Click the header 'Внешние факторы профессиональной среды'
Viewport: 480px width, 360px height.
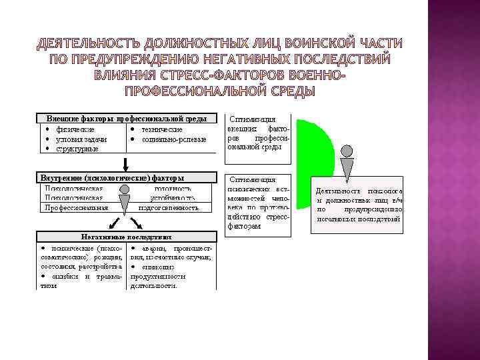tap(127, 118)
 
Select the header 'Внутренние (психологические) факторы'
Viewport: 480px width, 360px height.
tap(113, 178)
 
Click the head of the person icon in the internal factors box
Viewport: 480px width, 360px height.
tap(125, 190)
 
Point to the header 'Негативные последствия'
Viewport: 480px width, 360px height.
tap(127, 235)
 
